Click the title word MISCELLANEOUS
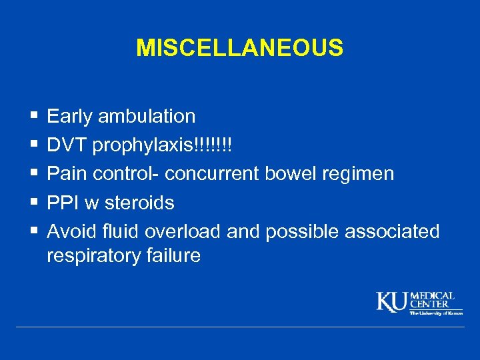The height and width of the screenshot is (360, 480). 239,48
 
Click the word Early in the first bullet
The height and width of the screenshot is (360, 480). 70,117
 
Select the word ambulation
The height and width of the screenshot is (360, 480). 147,117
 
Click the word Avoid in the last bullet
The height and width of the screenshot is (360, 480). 71,231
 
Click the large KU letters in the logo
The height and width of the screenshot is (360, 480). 392,301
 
